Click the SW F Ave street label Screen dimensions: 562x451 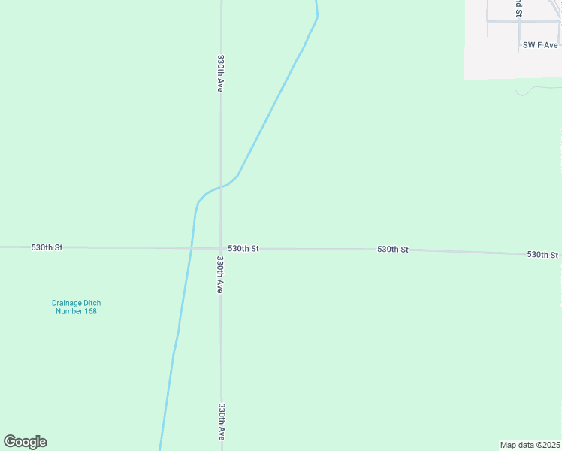(x=540, y=45)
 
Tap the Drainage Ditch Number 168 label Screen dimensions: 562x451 (x=76, y=307)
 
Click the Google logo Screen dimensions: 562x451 (x=25, y=442)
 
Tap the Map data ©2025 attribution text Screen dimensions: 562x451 (x=530, y=444)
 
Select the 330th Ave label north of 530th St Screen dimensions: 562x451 (x=221, y=73)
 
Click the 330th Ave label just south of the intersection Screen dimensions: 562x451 (x=220, y=274)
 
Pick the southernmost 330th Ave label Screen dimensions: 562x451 (x=222, y=422)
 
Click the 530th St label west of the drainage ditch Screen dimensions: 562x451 (x=47, y=247)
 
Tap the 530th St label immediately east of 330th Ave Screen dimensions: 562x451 (x=243, y=248)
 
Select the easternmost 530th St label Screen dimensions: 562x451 (x=542, y=255)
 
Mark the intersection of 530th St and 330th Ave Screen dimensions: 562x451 (x=221, y=248)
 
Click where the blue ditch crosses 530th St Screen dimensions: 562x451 (x=191, y=247)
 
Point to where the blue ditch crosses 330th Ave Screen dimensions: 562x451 (x=221, y=186)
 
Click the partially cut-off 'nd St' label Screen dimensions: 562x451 (x=518, y=8)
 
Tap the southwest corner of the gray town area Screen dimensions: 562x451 (x=465, y=78)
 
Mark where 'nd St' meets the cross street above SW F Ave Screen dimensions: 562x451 (x=518, y=21)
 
